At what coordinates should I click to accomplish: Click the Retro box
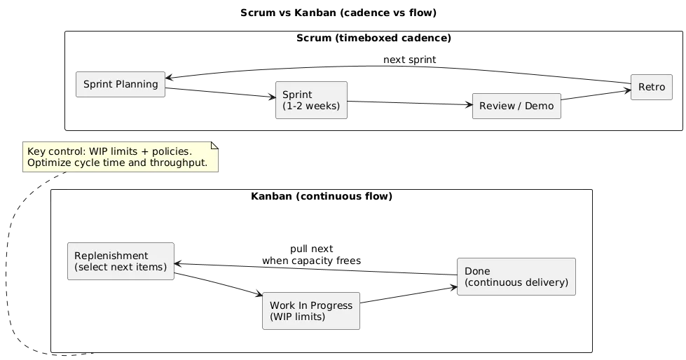(x=651, y=88)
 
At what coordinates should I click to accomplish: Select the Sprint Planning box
(x=121, y=85)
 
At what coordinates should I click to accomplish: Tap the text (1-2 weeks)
(x=310, y=106)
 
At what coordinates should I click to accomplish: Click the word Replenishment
(x=111, y=256)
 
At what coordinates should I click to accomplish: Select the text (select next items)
(x=120, y=268)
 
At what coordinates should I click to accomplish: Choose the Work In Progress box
(x=311, y=311)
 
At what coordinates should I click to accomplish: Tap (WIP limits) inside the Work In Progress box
(x=298, y=317)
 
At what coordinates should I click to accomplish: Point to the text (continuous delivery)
(x=516, y=283)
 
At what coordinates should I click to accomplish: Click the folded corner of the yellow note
(x=214, y=145)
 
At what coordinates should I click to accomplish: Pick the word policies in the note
(x=171, y=151)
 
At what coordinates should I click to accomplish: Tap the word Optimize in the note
(x=49, y=163)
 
